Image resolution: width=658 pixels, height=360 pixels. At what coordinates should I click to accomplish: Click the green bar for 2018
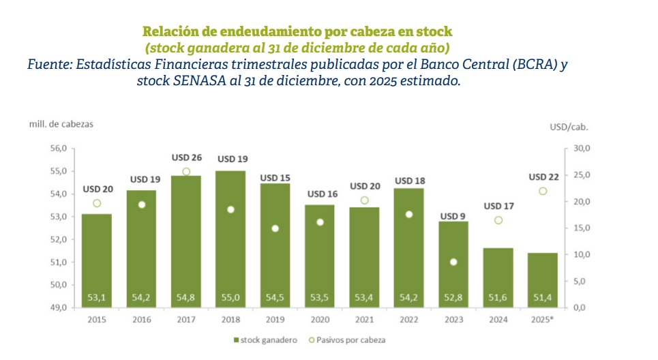233,239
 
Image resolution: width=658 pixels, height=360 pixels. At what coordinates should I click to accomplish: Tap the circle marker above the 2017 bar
185,172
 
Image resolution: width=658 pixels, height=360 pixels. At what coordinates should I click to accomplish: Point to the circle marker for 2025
543,192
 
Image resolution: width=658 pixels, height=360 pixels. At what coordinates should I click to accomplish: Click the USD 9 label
453,217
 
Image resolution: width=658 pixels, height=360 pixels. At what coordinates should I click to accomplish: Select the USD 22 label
543,177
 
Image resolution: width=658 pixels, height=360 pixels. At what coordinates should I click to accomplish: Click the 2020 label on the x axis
320,319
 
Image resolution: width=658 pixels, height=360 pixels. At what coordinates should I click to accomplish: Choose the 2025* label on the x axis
543,319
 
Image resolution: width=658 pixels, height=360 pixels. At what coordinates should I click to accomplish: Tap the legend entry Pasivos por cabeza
357,340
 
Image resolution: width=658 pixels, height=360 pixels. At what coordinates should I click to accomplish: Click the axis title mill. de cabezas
61,124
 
